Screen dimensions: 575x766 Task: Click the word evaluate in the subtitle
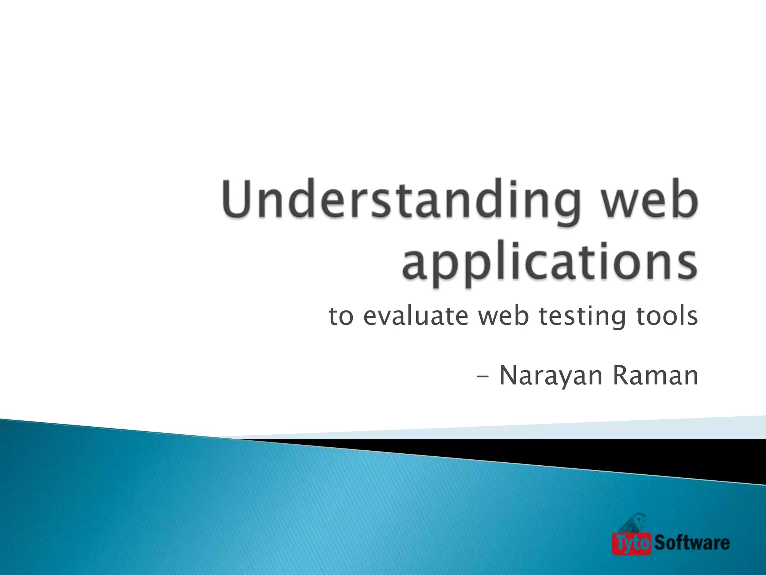416,316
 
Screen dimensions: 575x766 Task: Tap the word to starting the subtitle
341,317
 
